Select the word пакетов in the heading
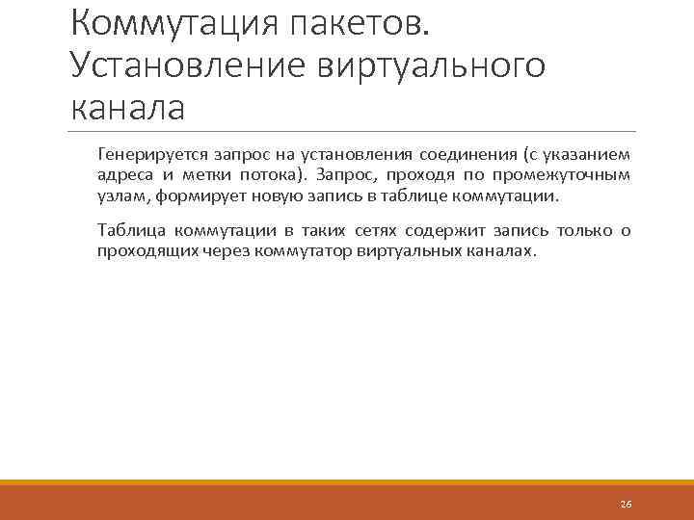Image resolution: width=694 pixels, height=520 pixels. pyautogui.click(x=367, y=21)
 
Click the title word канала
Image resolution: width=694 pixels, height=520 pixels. pyautogui.click(x=126, y=106)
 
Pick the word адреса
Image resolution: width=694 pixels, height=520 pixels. pyautogui.click(x=121, y=175)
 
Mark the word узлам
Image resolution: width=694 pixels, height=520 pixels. pyautogui.click(x=120, y=196)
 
